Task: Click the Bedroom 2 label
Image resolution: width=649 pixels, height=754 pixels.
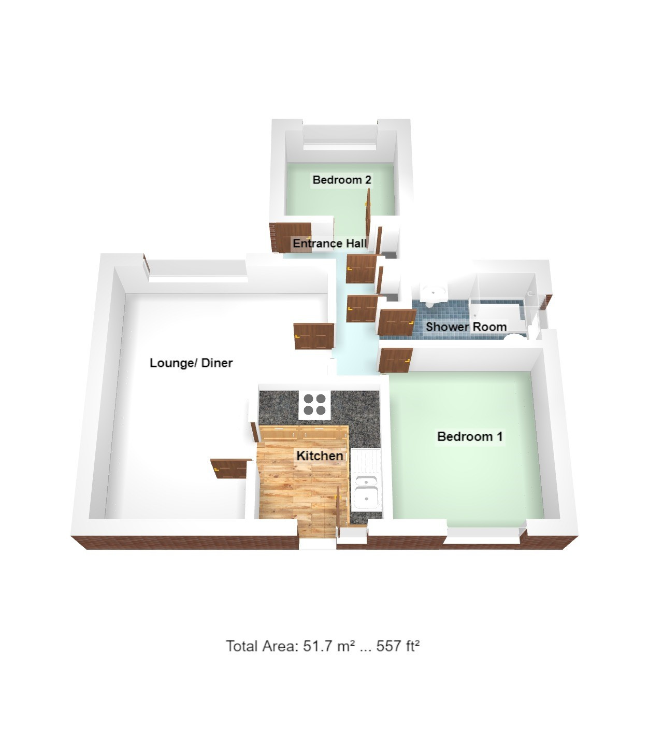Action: [342, 180]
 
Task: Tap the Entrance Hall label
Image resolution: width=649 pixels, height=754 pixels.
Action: [329, 244]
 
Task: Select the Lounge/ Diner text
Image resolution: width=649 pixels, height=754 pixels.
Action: [191, 363]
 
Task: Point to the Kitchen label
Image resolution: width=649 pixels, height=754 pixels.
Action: [320, 456]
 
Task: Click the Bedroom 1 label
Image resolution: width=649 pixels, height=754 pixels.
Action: [470, 436]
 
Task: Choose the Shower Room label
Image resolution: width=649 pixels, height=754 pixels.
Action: [466, 327]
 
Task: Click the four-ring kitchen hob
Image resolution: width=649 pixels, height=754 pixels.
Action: [315, 405]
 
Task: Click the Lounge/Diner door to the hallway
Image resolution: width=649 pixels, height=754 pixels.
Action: [314, 336]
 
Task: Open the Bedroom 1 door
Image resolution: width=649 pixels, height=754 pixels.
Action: [396, 360]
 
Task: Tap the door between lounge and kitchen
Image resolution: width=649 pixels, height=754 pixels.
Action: [231, 468]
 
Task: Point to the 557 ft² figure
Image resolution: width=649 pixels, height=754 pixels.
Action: [398, 646]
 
